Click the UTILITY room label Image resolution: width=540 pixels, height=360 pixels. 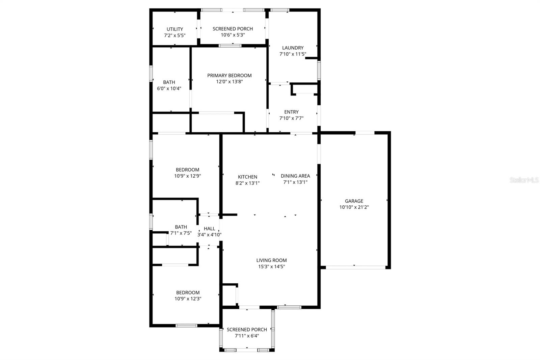point(175,29)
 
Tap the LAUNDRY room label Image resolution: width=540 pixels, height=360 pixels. point(293,48)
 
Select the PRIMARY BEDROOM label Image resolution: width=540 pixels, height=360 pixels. point(229,75)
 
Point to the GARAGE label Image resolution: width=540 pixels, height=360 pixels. point(354,201)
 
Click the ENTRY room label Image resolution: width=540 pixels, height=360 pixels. point(291,112)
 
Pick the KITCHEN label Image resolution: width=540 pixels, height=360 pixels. point(247,177)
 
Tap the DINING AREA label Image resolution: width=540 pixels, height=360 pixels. point(295,176)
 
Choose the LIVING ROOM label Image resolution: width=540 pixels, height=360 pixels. point(271,260)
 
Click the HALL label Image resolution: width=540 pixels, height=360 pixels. point(209,229)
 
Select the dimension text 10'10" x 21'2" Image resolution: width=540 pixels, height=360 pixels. point(354,207)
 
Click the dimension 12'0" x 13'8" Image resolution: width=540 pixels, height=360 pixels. point(230,82)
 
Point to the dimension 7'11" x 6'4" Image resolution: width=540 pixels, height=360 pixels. point(247,336)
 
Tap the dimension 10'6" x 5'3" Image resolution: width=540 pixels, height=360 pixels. point(233,35)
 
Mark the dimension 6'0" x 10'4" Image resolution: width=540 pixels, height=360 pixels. point(169,88)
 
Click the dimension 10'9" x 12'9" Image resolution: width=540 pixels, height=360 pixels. point(188,176)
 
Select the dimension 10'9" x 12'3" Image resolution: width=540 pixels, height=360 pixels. point(188,299)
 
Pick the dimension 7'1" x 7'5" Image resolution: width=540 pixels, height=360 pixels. point(181,233)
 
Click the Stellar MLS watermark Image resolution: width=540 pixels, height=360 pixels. point(524,180)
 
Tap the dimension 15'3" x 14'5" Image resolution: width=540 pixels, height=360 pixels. point(271,266)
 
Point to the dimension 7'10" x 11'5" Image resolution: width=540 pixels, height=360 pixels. point(293,54)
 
